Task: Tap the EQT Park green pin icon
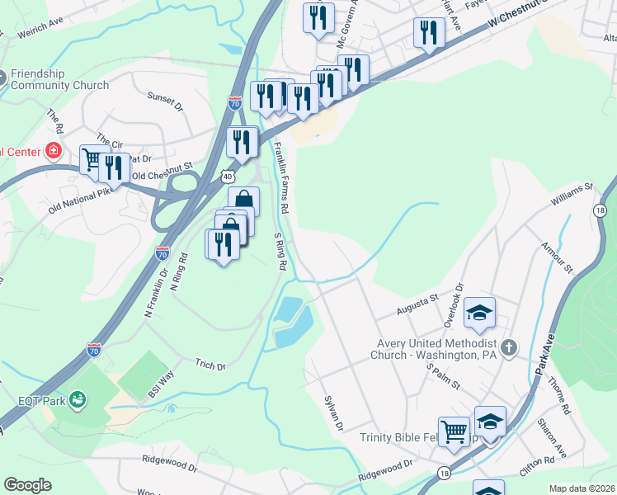(78, 401)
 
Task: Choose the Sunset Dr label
(164, 101)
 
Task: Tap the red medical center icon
(54, 150)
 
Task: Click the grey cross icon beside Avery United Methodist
(507, 347)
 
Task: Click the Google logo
(28, 484)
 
